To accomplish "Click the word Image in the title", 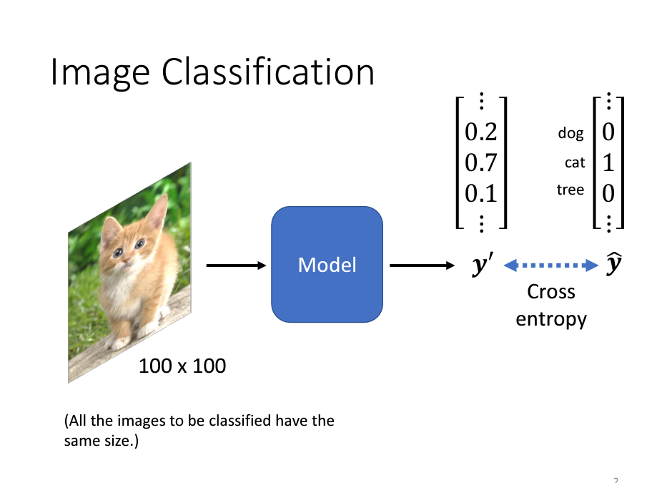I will click(100, 72).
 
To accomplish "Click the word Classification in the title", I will click(269, 72).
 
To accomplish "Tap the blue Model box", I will click(327, 264).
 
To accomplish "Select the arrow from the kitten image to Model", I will click(235, 265).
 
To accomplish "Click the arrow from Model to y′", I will click(422, 265).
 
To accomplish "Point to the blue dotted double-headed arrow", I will click(550, 265).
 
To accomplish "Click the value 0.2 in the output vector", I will click(480, 132).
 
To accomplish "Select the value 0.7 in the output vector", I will click(480, 163).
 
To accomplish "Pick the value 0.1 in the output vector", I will click(480, 193).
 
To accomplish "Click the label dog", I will click(570, 133).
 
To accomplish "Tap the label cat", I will click(575, 163).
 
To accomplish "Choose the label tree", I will click(570, 190).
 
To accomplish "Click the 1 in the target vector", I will click(608, 163).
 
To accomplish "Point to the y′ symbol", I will click(481, 266).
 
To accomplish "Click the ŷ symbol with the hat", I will click(613, 265).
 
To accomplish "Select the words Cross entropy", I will click(550, 305).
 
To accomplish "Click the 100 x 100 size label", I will click(182, 366).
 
